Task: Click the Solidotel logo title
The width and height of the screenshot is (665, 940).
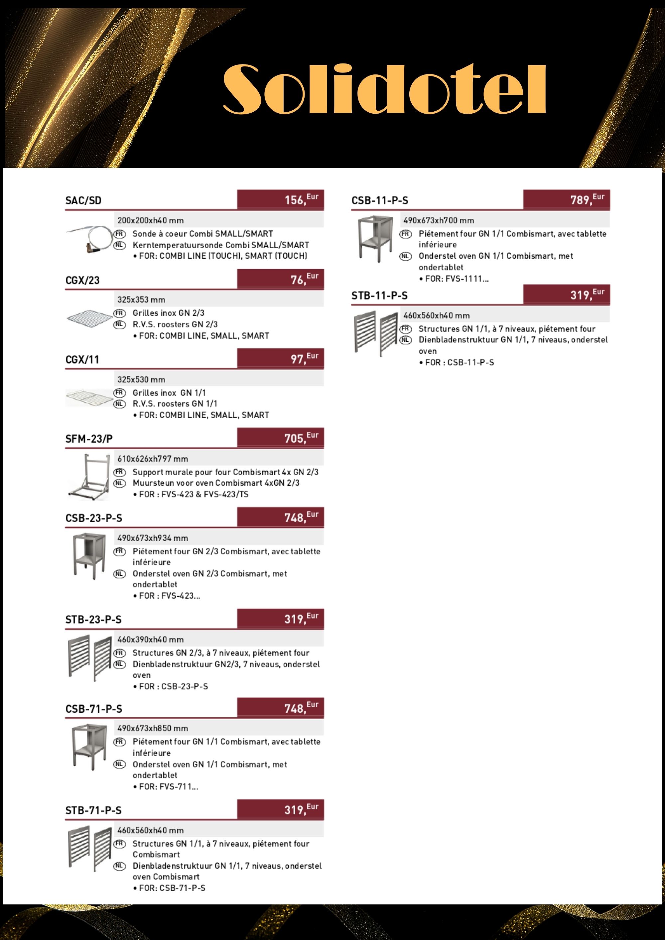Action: [384, 88]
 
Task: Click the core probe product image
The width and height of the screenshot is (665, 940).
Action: [89, 239]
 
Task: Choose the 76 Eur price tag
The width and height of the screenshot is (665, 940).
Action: [304, 279]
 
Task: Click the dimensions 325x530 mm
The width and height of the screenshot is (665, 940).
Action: [141, 380]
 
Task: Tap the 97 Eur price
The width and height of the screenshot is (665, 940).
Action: [304, 358]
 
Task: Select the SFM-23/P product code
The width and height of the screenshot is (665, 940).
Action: [89, 439]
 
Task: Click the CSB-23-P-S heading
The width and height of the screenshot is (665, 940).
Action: [94, 518]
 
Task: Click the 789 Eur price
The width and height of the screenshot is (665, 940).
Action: [587, 199]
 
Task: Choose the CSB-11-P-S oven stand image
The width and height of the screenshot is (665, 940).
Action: [375, 239]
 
